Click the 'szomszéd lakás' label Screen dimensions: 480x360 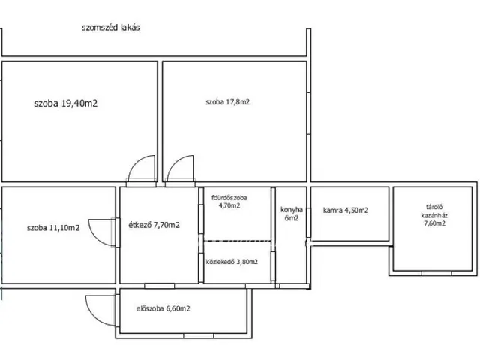[x=110, y=28]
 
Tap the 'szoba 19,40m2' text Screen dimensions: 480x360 [x=66, y=103]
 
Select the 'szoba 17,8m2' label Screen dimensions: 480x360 [x=227, y=102]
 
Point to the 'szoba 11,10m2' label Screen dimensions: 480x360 [x=53, y=228]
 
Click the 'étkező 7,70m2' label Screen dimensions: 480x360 [x=154, y=225]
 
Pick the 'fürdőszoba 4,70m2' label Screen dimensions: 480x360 [x=229, y=202]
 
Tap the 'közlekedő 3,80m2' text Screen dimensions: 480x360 [x=232, y=262]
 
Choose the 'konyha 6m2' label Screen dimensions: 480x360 [x=292, y=214]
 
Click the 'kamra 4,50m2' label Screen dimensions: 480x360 [x=346, y=211]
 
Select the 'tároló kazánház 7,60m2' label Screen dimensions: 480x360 [x=434, y=215]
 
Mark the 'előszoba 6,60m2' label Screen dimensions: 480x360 [x=163, y=308]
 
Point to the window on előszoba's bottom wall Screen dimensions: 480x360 [x=198, y=336]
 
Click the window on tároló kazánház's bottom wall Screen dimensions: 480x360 [x=436, y=273]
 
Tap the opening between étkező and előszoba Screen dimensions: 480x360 [x=160, y=286]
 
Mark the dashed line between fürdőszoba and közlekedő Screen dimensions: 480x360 [x=237, y=240]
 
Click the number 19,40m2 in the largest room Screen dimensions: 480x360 [x=79, y=103]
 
